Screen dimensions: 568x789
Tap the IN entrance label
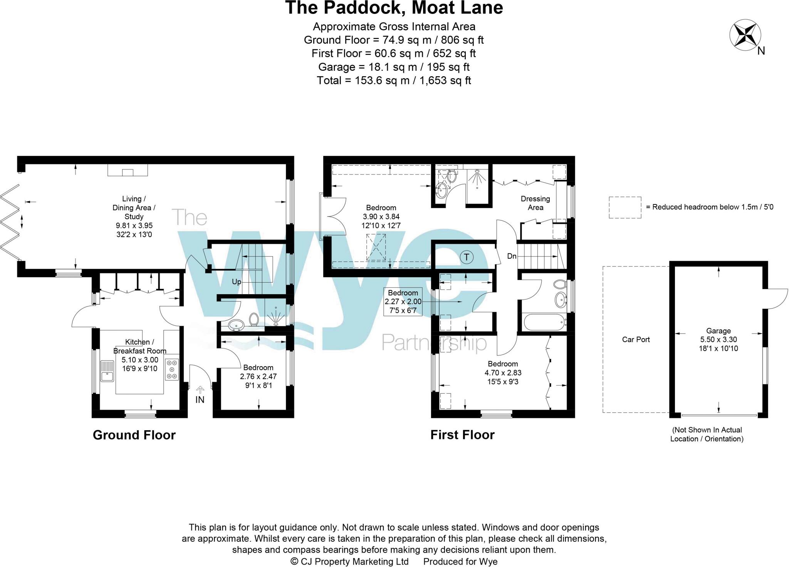tap(200, 400)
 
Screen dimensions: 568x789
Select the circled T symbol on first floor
tap(467, 256)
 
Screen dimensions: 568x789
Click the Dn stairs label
tap(512, 256)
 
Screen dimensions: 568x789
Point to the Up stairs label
tap(236, 282)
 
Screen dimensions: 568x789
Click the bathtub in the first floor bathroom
tap(544, 322)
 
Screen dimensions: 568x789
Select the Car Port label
tap(636, 339)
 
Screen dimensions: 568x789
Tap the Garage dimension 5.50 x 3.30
tap(718, 340)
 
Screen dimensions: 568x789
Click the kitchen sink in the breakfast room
tap(107, 370)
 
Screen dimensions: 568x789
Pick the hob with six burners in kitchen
tap(172, 369)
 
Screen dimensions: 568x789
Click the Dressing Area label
tap(535, 203)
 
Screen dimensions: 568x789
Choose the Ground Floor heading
tap(134, 435)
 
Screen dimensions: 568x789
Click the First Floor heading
tap(462, 435)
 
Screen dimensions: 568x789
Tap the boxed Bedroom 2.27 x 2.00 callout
tap(403, 302)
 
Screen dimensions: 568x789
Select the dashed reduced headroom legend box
tap(624, 207)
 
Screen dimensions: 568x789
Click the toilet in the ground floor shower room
tap(254, 319)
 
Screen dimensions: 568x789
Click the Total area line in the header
tap(394, 80)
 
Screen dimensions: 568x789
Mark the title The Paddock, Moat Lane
tap(394, 8)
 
